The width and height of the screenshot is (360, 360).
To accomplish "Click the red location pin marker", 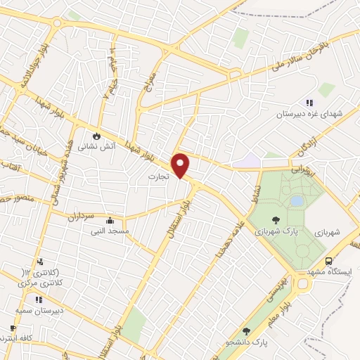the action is coord(181,165).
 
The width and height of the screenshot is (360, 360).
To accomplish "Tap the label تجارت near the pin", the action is coord(160,178).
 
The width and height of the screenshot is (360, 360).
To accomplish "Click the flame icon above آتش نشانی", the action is coord(97,136).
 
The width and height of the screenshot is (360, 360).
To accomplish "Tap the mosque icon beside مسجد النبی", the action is coord(110,220).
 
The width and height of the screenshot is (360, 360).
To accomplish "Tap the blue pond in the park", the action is coord(297,201).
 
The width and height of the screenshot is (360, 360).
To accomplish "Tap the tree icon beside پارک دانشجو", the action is coord(245,331).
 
